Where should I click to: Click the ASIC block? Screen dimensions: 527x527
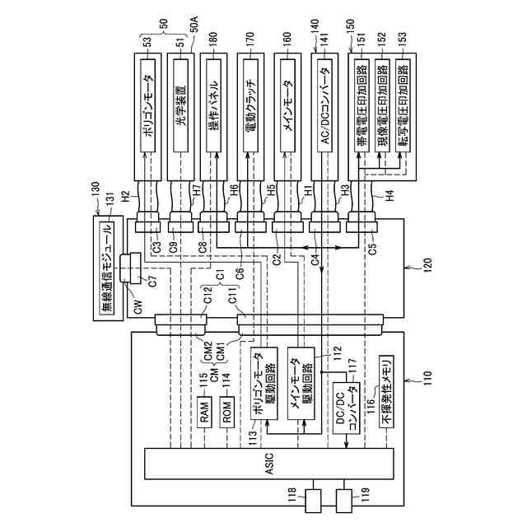pos(269,464)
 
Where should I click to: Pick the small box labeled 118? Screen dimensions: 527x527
pos(314,498)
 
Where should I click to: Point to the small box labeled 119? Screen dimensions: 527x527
pos(345,498)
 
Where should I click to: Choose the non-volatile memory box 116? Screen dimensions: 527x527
pos(386,392)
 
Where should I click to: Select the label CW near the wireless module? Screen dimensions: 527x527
pos(137,310)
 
